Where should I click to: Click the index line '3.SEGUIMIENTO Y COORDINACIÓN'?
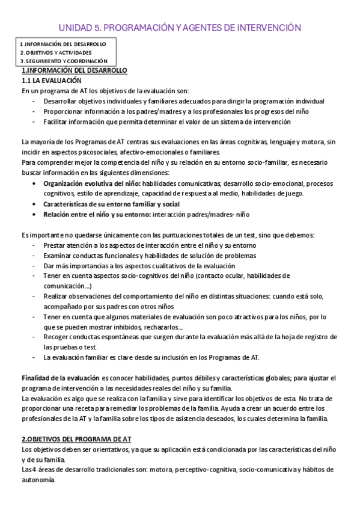pos(64,61)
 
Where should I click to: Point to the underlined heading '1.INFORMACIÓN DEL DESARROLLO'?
pos(74,70)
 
